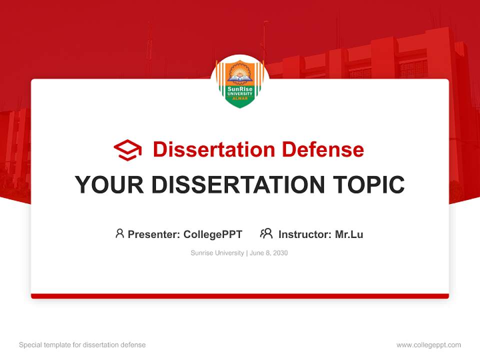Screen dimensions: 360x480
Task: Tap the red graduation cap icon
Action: click(127, 150)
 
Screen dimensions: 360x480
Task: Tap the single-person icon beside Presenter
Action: click(119, 233)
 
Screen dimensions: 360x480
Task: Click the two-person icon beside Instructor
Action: click(266, 233)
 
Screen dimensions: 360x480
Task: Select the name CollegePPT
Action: click(213, 234)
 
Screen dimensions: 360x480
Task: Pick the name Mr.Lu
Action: click(349, 234)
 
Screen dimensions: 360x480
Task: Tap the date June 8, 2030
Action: click(269, 253)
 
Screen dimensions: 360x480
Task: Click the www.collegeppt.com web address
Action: click(428, 345)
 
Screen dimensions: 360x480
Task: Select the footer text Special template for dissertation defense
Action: click(82, 345)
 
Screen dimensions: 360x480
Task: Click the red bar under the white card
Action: click(240, 296)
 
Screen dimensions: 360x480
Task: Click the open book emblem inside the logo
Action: click(240, 77)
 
